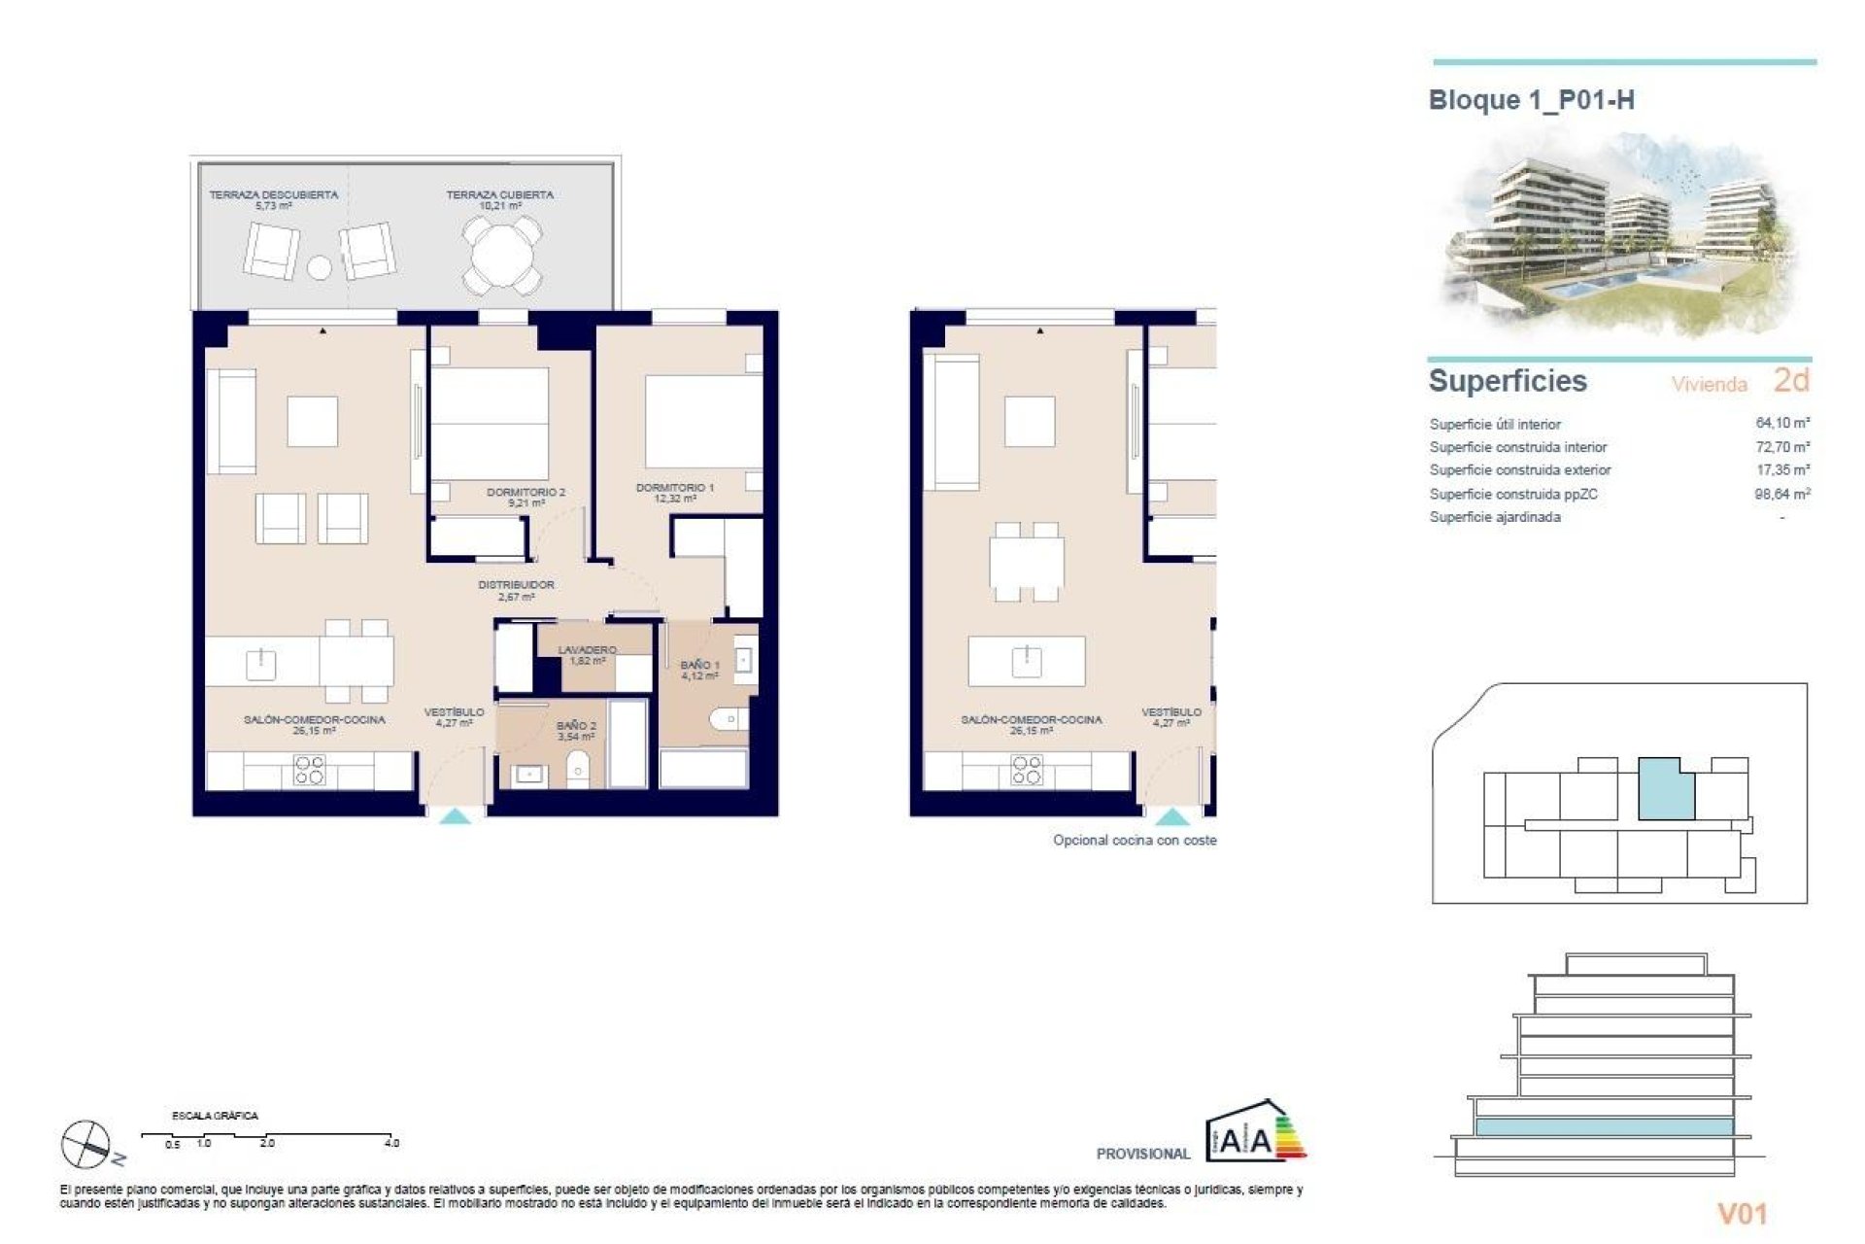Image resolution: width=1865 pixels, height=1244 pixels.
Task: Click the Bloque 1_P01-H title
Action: pyautogui.click(x=1531, y=100)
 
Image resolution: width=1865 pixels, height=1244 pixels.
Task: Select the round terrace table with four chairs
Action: pyautogui.click(x=501, y=256)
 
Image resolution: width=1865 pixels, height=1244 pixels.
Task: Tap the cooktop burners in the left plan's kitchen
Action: pyautogui.click(x=309, y=771)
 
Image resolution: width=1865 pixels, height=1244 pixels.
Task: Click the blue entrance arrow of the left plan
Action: pyautogui.click(x=456, y=817)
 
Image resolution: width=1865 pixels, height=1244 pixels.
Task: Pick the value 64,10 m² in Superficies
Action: pyautogui.click(x=1781, y=423)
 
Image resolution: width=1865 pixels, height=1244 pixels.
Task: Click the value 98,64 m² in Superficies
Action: pyautogui.click(x=1781, y=494)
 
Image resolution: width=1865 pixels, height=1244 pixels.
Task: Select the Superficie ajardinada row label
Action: pyautogui.click(x=1495, y=517)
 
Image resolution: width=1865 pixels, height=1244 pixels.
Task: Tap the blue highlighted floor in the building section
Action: pyautogui.click(x=1604, y=1127)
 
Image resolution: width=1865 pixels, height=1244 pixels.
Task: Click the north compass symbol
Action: pyautogui.click(x=86, y=1143)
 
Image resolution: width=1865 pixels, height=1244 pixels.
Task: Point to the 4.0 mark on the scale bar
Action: pyautogui.click(x=391, y=1144)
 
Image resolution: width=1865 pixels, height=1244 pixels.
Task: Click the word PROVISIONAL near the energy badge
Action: pyautogui.click(x=1142, y=1154)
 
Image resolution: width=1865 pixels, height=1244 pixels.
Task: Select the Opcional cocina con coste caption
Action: pyautogui.click(x=1134, y=840)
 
